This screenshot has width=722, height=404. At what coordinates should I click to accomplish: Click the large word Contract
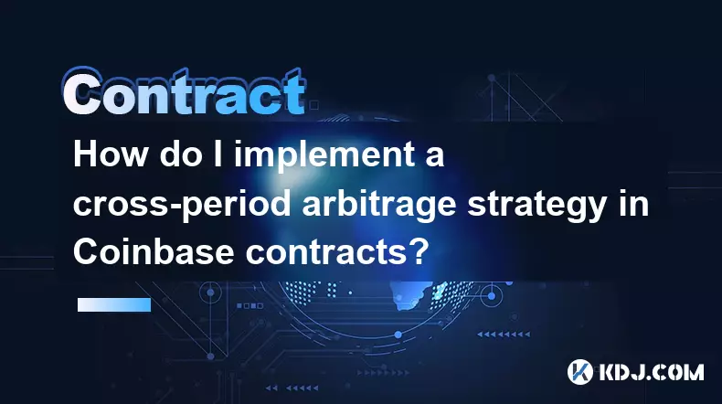(184, 92)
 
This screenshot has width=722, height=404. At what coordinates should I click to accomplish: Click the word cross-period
(182, 205)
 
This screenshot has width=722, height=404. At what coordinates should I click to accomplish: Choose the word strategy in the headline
(536, 206)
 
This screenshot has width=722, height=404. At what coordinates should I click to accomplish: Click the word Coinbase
(154, 251)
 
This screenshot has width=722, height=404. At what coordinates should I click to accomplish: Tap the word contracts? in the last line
(334, 252)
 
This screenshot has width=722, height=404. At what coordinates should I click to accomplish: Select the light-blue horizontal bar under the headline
(114, 304)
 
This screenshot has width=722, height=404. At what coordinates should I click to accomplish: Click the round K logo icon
(579, 372)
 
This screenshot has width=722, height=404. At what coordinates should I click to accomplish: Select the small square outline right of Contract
(313, 105)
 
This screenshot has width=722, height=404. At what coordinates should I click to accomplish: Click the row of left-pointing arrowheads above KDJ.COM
(504, 334)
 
